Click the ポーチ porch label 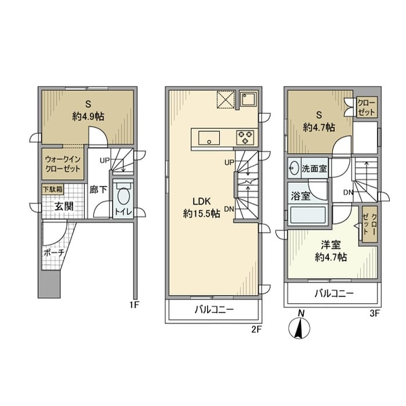coord(53,252)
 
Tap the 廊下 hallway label coord(98,190)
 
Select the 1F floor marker coord(134,304)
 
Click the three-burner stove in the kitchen coord(244,137)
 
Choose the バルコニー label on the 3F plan coord(332,294)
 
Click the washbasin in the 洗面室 coord(294,168)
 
